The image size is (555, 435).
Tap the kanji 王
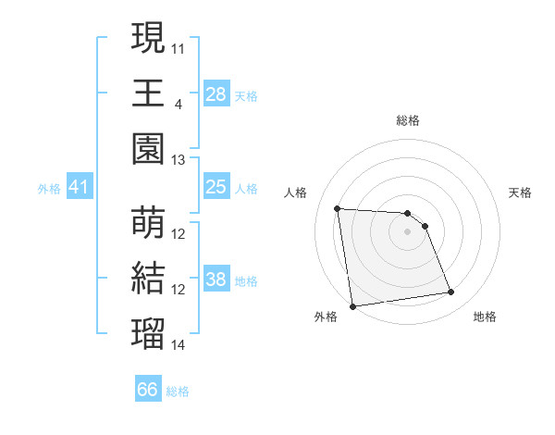[x=148, y=93]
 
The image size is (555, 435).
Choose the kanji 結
[x=148, y=279]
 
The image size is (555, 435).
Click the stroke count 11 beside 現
[x=179, y=47]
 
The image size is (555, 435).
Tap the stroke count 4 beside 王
[x=178, y=103]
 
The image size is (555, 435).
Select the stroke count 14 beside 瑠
[x=179, y=345]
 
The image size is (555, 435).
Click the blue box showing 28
[x=216, y=94]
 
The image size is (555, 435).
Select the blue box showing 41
[x=79, y=188]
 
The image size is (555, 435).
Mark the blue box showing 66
[x=147, y=390]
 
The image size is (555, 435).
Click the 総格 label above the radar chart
[x=408, y=120]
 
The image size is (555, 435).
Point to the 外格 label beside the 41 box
[x=49, y=189]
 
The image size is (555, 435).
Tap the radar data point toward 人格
[x=338, y=208]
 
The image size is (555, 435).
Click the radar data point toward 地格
[x=451, y=292]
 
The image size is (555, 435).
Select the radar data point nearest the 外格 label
[x=352, y=306]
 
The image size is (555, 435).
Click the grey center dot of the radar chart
[x=408, y=231]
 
